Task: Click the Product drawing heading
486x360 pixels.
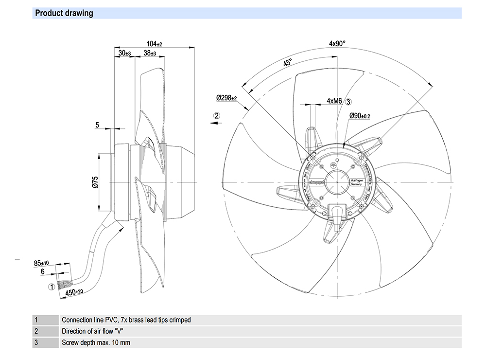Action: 64,13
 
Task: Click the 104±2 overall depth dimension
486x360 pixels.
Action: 154,43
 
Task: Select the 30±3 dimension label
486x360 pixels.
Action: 124,53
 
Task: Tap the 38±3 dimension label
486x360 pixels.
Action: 150,53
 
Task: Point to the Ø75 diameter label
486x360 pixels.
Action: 96,182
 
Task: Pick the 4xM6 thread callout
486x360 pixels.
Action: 335,101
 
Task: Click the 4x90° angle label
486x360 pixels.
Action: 337,43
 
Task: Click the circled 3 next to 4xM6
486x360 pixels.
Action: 348,101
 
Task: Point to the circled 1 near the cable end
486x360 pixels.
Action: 51,287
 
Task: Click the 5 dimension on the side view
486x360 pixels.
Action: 97,125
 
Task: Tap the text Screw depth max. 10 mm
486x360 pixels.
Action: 96,342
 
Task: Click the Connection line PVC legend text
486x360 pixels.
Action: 126,320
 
